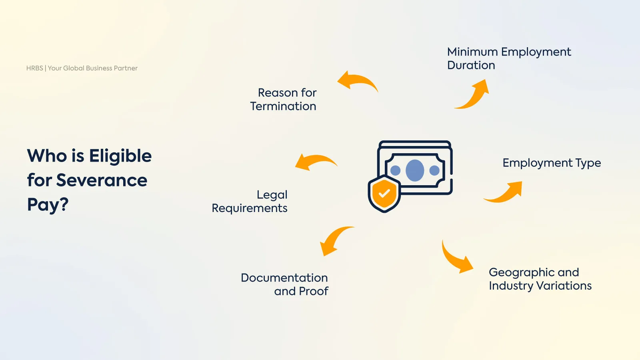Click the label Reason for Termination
click(284, 99)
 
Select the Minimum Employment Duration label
click(509, 58)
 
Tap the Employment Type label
click(552, 163)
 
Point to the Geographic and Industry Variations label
click(540, 279)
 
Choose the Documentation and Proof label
click(285, 284)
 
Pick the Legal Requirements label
click(250, 201)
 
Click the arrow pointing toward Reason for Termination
click(357, 81)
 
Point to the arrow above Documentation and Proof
click(334, 240)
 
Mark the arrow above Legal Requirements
click(315, 162)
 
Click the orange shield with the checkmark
click(384, 194)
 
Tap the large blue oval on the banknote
click(415, 170)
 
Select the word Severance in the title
click(102, 180)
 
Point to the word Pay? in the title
click(48, 205)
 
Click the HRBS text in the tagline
click(34, 68)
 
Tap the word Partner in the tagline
click(126, 68)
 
